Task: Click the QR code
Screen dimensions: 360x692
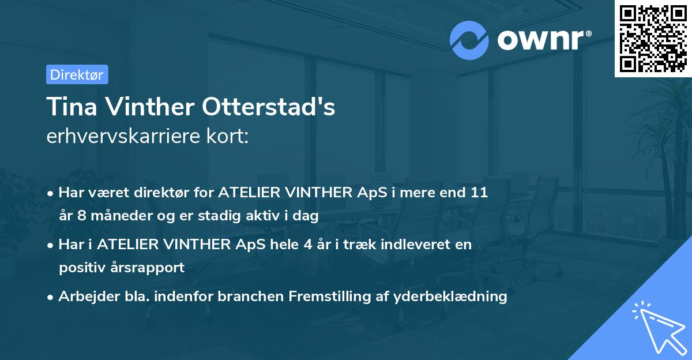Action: click(653, 38)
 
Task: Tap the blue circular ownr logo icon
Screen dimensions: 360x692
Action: click(469, 40)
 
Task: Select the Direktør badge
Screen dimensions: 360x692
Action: click(77, 74)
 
